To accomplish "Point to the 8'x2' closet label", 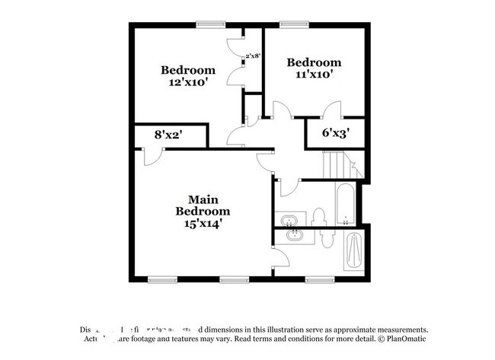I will click(168, 135).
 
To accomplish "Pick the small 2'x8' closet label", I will click(253, 56).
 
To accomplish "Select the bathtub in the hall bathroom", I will click(346, 205).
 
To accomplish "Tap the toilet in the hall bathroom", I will click(320, 216).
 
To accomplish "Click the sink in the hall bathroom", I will click(290, 221).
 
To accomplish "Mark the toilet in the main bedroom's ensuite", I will click(326, 238).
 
